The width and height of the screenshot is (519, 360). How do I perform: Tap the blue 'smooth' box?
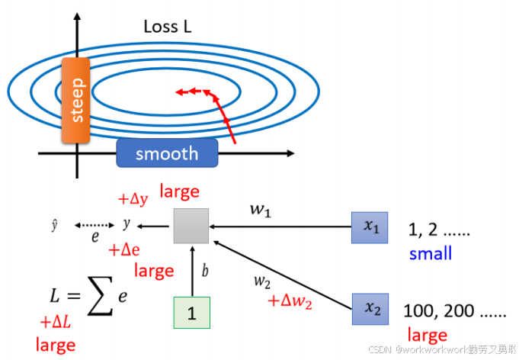pos(167,153)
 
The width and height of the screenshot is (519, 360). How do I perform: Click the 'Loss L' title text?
pos(168,27)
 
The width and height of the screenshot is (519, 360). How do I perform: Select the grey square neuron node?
pos(191,225)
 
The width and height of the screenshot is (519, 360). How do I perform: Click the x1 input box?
pos(370,227)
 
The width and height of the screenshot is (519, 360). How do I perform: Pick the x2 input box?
pos(370,310)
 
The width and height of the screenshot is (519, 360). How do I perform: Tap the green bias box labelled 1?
pos(191,313)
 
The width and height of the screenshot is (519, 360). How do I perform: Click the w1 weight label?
pos(261,211)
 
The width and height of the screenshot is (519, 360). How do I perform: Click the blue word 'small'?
pos(430,253)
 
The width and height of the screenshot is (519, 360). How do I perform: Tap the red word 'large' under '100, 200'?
pos(427,335)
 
